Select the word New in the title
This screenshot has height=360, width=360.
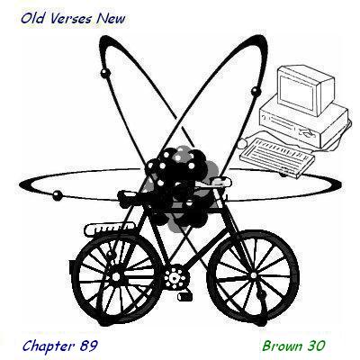[x=111, y=19]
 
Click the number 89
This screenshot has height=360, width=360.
[x=89, y=346]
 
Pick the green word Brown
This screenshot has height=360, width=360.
[x=283, y=346]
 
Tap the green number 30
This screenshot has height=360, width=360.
[x=316, y=346]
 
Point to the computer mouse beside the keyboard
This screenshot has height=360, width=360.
[x=241, y=144]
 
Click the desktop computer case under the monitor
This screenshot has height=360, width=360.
[x=303, y=123]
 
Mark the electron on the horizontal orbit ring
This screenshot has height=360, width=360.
[x=58, y=195]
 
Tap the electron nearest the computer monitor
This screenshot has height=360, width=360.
[x=255, y=91]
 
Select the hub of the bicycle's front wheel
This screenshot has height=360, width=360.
[x=254, y=275]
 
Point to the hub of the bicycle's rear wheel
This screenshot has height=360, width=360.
[x=115, y=276]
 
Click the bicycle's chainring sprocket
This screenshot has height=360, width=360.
[x=175, y=278]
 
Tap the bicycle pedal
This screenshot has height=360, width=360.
[x=184, y=296]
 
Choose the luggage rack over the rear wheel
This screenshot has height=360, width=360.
[x=110, y=229]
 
